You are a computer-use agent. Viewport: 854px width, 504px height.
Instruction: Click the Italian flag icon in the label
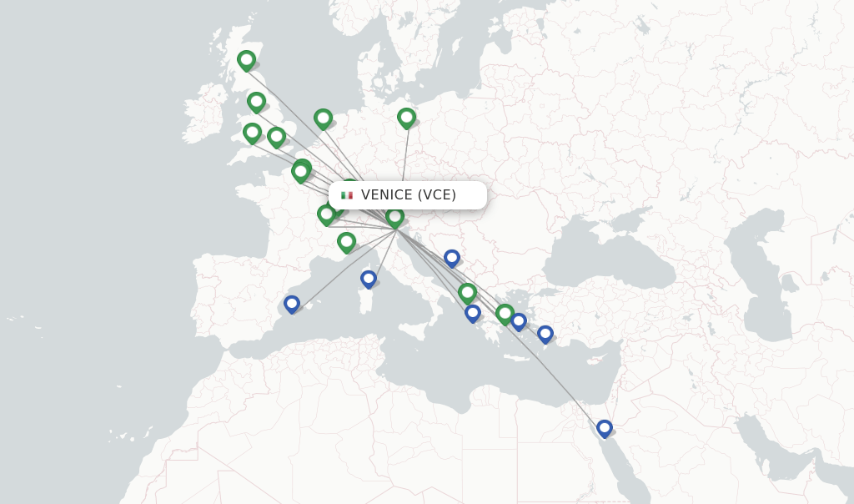pyautogui.click(x=347, y=195)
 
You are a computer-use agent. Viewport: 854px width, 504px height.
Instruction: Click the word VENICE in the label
pyautogui.click(x=387, y=195)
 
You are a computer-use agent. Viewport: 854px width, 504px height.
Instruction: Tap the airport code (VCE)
pyautogui.click(x=437, y=195)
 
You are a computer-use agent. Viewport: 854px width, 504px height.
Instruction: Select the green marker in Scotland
pyautogui.click(x=246, y=60)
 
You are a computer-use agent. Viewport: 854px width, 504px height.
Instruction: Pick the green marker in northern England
pyautogui.click(x=256, y=102)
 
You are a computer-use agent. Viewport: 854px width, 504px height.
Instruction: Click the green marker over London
pyautogui.click(x=276, y=136)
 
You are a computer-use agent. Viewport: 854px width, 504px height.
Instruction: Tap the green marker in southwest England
pyautogui.click(x=252, y=132)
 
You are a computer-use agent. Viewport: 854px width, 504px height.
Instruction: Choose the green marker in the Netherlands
pyautogui.click(x=323, y=118)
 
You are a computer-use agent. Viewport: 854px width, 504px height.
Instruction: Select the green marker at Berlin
pyautogui.click(x=406, y=118)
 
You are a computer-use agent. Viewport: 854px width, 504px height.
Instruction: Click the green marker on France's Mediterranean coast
pyautogui.click(x=346, y=242)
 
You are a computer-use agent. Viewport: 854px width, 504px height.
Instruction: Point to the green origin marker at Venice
pyautogui.click(x=394, y=217)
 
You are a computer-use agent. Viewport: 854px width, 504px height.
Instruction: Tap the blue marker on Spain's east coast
pyautogui.click(x=291, y=304)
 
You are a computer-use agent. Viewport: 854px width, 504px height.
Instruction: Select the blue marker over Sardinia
pyautogui.click(x=368, y=279)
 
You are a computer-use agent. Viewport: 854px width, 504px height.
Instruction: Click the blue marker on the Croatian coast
pyautogui.click(x=451, y=258)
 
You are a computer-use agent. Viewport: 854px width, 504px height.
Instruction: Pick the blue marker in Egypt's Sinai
pyautogui.click(x=604, y=428)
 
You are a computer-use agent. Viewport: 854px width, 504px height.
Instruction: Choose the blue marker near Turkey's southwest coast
pyautogui.click(x=545, y=334)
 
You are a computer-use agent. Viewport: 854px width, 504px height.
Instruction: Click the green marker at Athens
pyautogui.click(x=504, y=313)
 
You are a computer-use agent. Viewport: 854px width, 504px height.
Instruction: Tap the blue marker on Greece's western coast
pyautogui.click(x=472, y=313)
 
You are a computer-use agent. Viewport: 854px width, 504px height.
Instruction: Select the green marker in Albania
pyautogui.click(x=467, y=292)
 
